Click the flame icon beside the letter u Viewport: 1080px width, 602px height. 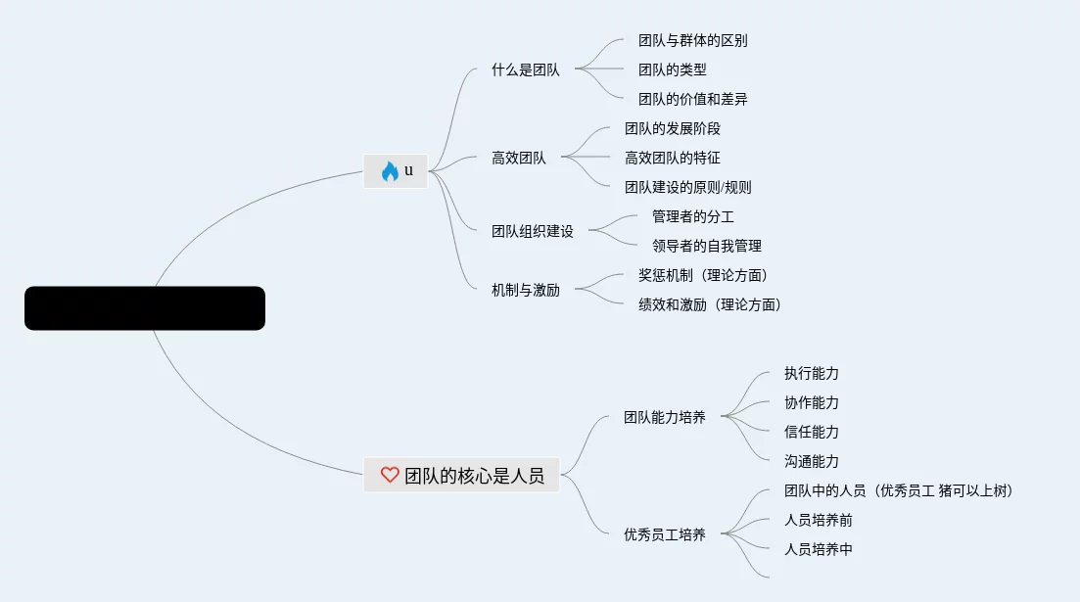(390, 171)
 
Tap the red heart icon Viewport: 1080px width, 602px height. (390, 475)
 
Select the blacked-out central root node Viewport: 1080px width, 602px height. (145, 308)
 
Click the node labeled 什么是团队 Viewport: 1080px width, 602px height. (526, 69)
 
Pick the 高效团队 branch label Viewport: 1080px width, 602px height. (519, 158)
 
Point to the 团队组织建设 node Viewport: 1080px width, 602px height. (533, 231)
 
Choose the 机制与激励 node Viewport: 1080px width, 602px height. (526, 290)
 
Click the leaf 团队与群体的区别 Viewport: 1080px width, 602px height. (693, 40)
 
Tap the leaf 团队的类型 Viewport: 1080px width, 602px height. (673, 69)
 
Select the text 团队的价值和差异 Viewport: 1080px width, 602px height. (693, 99)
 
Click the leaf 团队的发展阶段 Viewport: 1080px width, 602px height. (673, 128)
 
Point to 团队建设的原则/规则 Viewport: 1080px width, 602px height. (688, 187)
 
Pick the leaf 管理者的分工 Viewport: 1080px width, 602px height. (693, 216)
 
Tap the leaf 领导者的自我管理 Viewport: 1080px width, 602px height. (707, 246)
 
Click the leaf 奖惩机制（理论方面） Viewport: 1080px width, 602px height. (703, 275)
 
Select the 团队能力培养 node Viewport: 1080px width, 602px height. (665, 417)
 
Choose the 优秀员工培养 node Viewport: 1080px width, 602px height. (665, 534)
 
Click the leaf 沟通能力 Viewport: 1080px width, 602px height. (812, 461)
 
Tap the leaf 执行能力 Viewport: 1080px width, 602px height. (812, 373)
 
